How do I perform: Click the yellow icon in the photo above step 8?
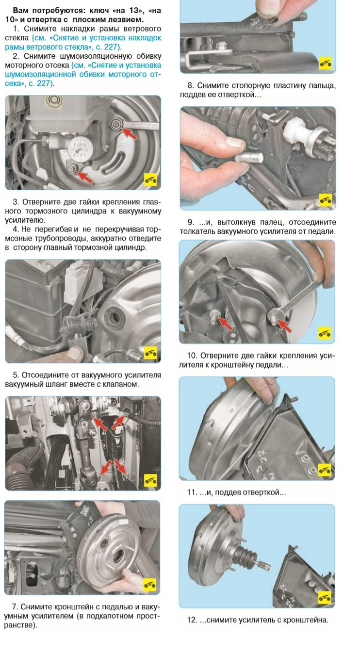pyautogui.click(x=325, y=63)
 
